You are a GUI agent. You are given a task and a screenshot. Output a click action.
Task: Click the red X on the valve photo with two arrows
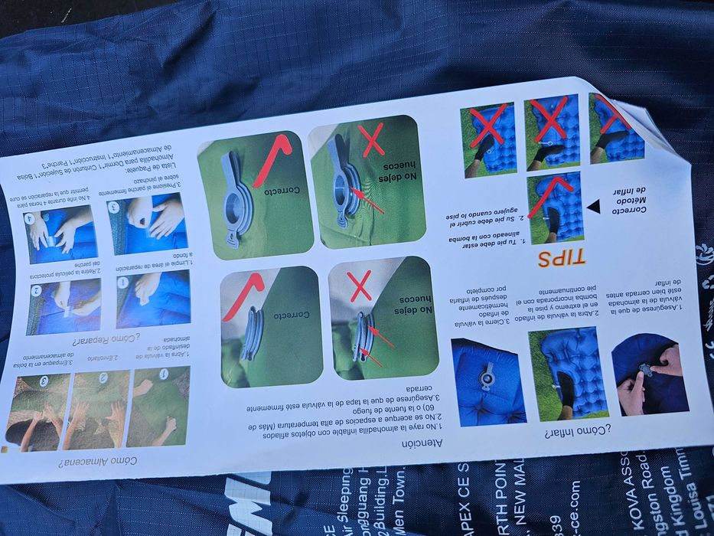tap(360, 284)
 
